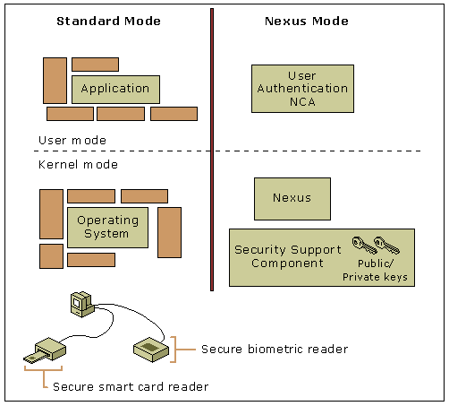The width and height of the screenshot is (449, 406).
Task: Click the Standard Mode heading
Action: [108, 22]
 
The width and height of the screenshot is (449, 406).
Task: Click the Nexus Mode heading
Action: [307, 22]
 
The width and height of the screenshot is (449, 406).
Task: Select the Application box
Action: [115, 90]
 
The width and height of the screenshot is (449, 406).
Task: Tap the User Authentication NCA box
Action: [302, 89]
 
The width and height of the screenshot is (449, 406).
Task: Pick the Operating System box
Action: [107, 228]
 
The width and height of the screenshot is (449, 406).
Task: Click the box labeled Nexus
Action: [292, 199]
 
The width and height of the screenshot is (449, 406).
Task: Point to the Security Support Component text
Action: [288, 256]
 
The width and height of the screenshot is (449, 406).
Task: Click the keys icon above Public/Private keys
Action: [376, 245]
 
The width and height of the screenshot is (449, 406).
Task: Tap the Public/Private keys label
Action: [375, 270]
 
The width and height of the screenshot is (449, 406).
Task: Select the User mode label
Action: [72, 141]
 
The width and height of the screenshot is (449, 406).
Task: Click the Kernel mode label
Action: [78, 165]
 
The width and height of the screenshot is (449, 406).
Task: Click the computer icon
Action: [82, 305]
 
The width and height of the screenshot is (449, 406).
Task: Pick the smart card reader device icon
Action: [46, 350]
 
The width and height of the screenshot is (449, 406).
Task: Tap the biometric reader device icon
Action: [151, 350]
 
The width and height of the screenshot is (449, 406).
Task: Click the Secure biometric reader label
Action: [275, 349]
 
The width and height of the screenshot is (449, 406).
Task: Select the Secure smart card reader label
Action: [131, 386]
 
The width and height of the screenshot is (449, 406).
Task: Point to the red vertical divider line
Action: [212, 150]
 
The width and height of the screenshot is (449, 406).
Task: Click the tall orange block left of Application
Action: [55, 81]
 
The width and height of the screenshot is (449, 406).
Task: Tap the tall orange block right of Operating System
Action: [169, 232]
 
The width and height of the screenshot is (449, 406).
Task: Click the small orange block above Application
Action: [96, 65]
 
